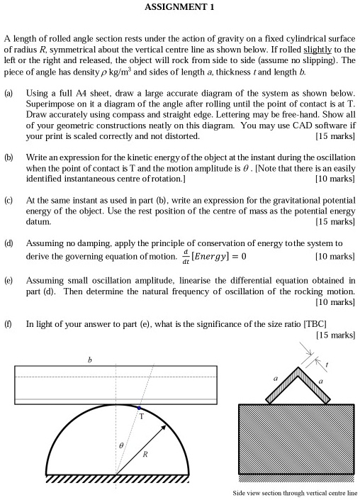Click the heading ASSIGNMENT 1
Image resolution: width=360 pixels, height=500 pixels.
pyautogui.click(x=179, y=8)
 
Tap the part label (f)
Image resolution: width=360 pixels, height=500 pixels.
pyautogui.click(x=9, y=323)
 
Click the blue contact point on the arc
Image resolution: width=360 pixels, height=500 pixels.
pyautogui.click(x=139, y=409)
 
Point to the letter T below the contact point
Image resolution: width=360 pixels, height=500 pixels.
pyautogui.click(x=142, y=417)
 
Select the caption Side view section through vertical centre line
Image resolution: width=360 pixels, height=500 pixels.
pyautogui.click(x=296, y=493)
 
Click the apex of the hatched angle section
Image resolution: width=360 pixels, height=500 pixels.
pyautogui.click(x=298, y=368)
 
